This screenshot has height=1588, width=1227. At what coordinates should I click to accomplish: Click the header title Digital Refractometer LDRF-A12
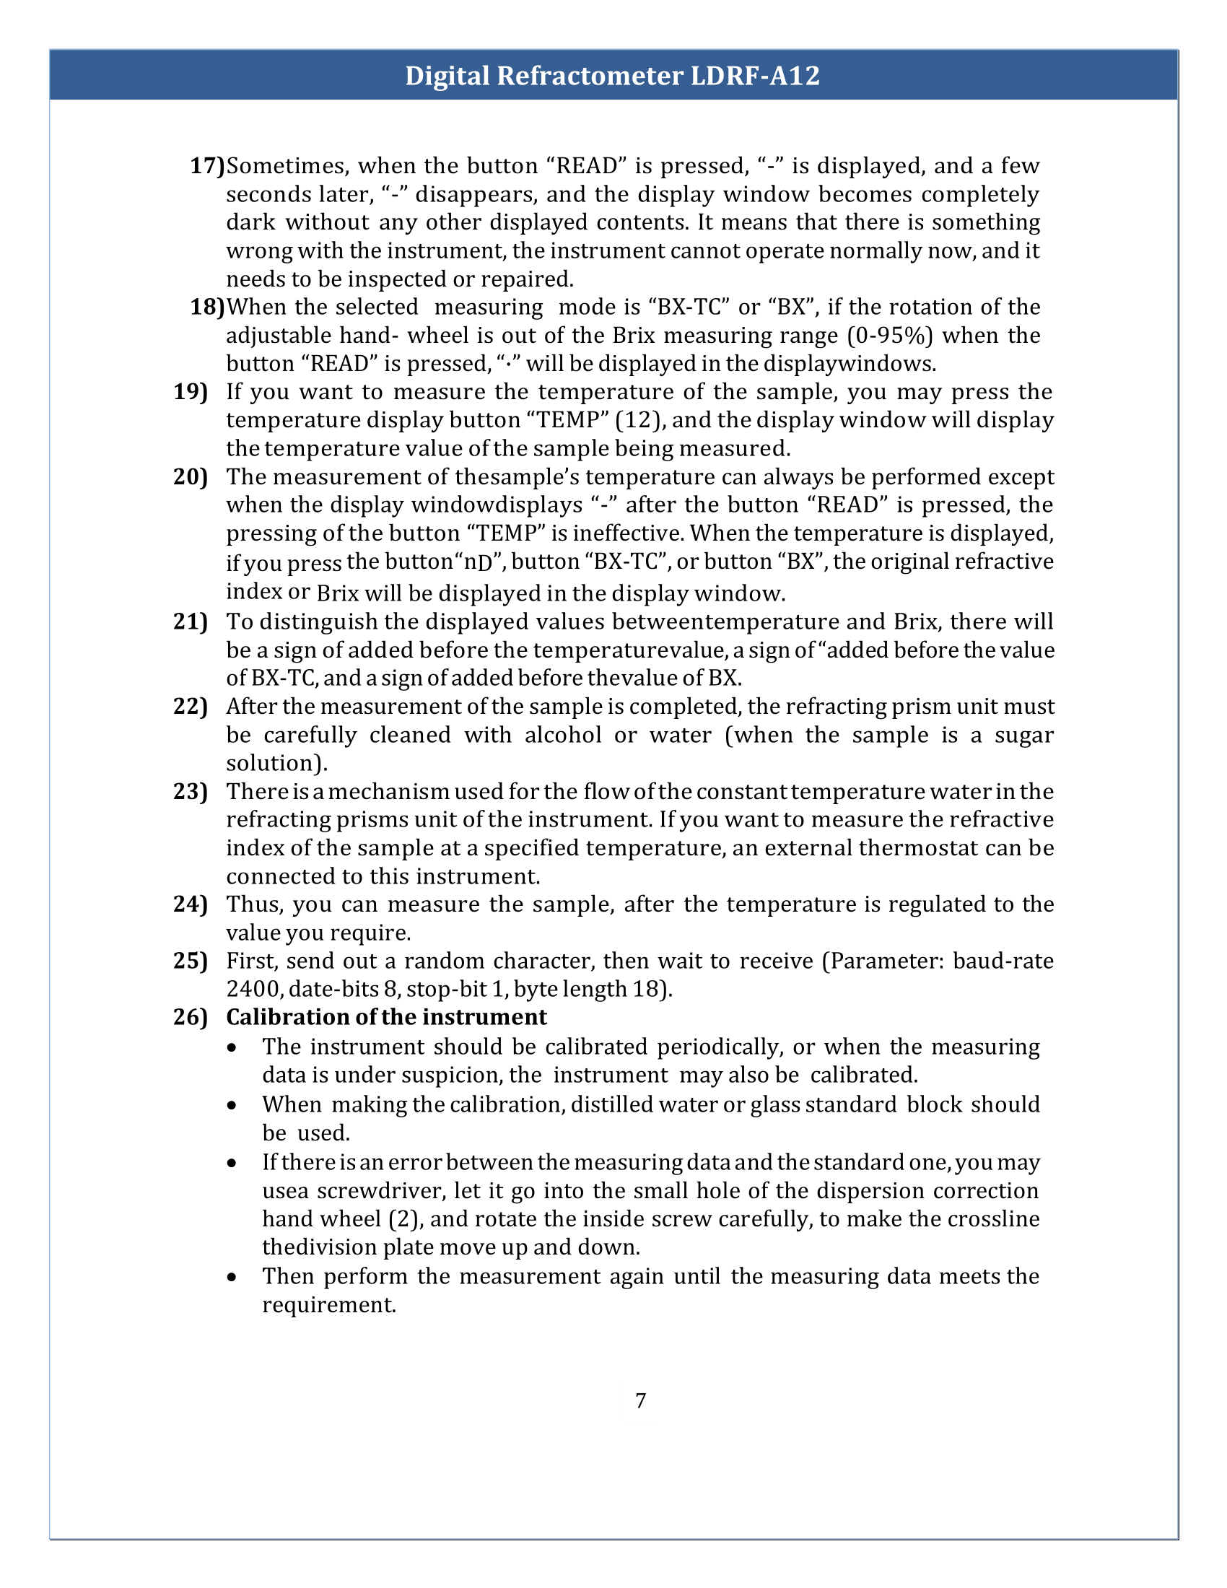pyautogui.click(x=612, y=76)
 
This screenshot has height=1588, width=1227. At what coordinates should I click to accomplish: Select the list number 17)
pyautogui.click(x=207, y=166)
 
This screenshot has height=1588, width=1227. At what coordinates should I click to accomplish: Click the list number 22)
pyautogui.click(x=191, y=706)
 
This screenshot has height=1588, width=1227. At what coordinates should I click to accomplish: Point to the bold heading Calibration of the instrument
pyautogui.click(x=386, y=1016)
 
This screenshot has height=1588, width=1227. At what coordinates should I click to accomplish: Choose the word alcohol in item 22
pyautogui.click(x=563, y=734)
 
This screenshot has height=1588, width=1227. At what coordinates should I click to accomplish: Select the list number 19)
pyautogui.click(x=191, y=392)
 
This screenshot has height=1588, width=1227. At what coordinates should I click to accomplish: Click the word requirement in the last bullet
pyautogui.click(x=328, y=1304)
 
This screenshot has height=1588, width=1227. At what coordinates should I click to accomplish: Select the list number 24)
pyautogui.click(x=191, y=904)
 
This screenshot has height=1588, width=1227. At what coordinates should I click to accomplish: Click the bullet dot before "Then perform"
pyautogui.click(x=231, y=1277)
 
